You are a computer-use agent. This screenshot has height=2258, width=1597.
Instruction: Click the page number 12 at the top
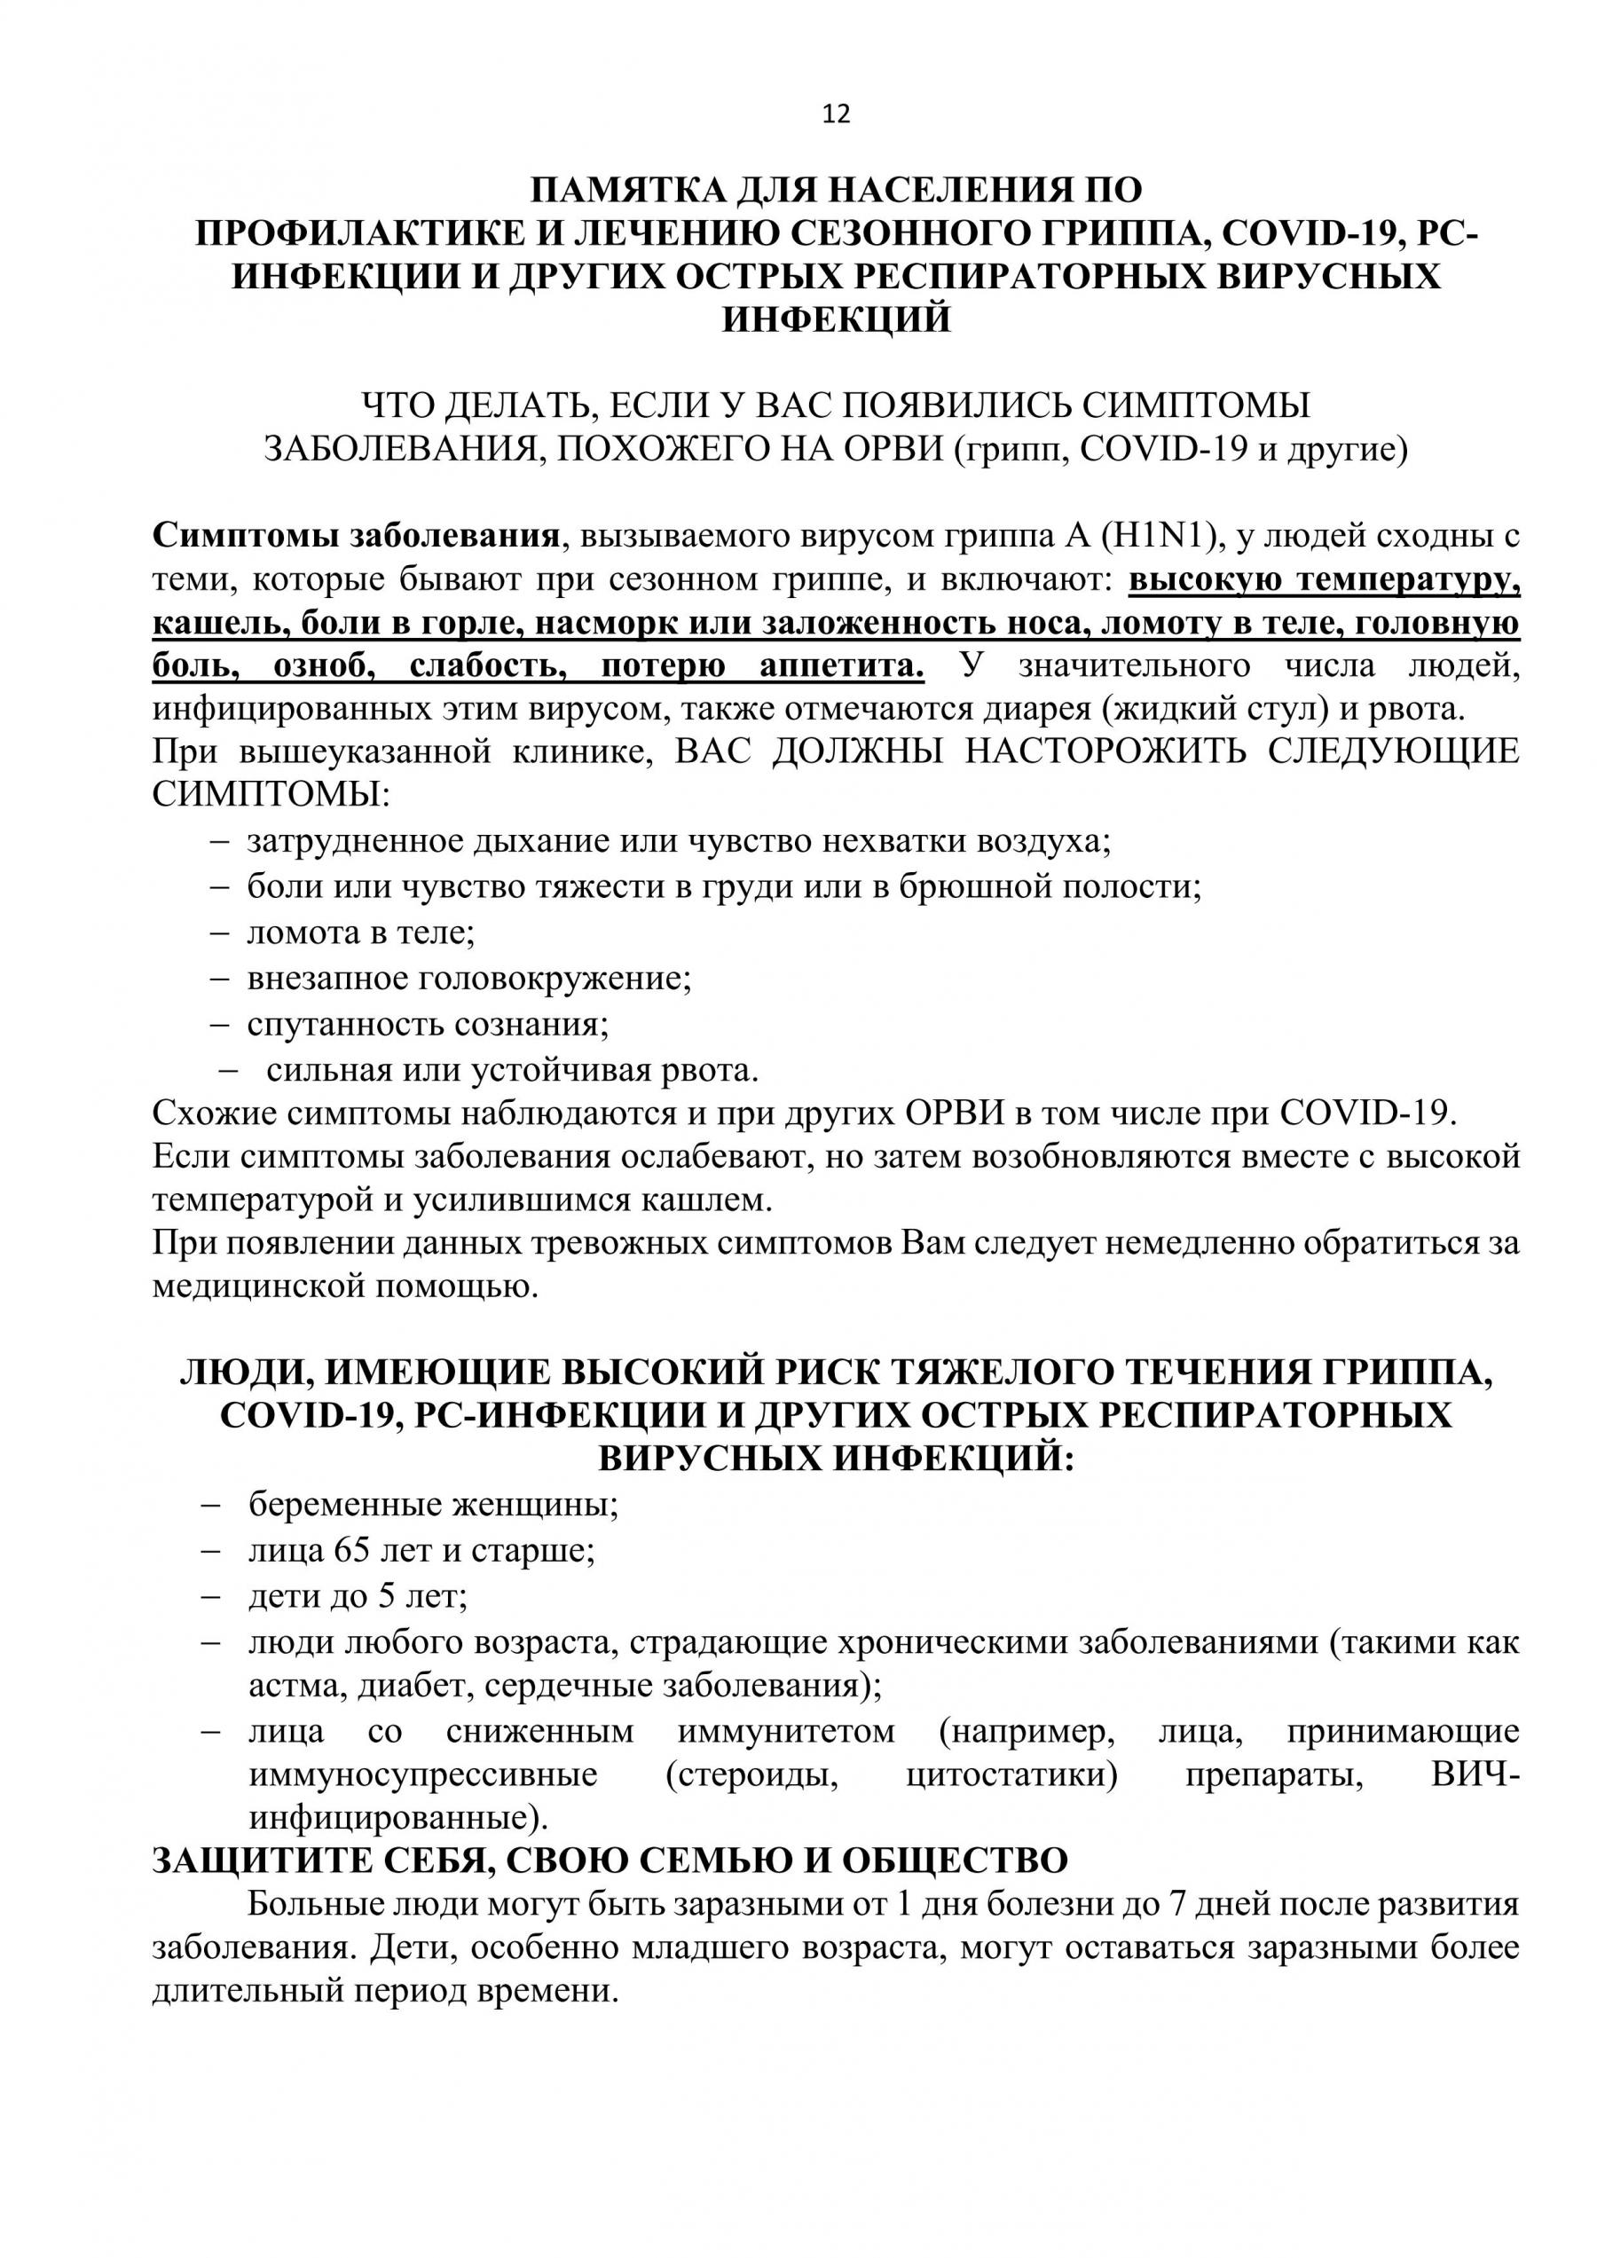836,114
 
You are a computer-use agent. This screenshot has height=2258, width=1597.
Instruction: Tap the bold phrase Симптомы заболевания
356,536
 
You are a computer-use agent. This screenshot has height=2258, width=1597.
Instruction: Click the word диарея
1027,709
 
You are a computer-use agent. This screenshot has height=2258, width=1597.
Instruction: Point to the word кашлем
700,1199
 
